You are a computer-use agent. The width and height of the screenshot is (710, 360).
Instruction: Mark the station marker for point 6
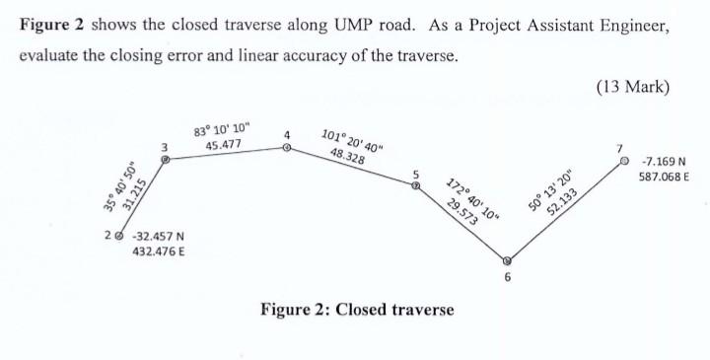click(507, 262)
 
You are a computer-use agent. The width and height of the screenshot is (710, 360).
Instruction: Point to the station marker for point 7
click(622, 161)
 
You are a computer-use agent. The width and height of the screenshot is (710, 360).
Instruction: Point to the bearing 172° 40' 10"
click(474, 201)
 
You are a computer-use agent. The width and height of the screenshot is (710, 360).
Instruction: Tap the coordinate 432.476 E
click(156, 252)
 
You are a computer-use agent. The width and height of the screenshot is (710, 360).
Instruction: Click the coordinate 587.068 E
click(665, 177)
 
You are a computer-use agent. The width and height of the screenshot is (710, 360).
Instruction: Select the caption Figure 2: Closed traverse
click(356, 310)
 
